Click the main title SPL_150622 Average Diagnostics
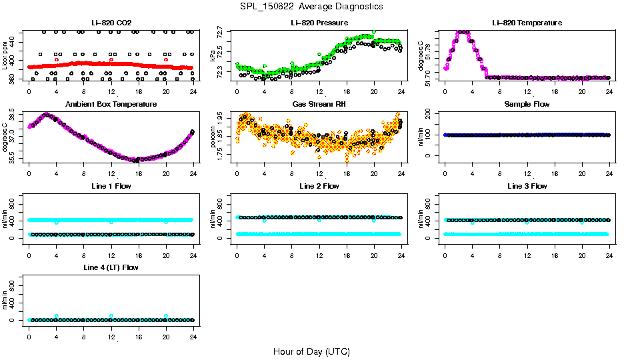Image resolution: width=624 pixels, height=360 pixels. pyautogui.click(x=312, y=6)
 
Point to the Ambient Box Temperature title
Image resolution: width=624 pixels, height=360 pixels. pyautogui.click(x=111, y=105)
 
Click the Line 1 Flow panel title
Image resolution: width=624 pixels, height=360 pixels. pyautogui.click(x=111, y=186)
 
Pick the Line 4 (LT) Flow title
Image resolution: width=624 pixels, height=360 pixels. pyautogui.click(x=111, y=267)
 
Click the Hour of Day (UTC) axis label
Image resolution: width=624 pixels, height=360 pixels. pyautogui.click(x=311, y=351)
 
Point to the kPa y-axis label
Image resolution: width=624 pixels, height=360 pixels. pyautogui.click(x=213, y=55)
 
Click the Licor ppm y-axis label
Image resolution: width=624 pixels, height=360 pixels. pyautogui.click(x=5, y=55)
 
